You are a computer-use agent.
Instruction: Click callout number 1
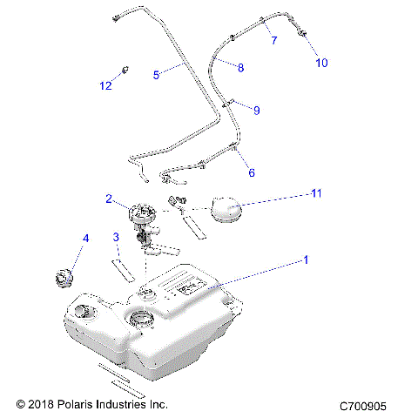pyautogui.click(x=305, y=260)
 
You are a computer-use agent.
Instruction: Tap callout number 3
pyautogui.click(x=115, y=237)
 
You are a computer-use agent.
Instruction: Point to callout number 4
pyautogui.click(x=85, y=238)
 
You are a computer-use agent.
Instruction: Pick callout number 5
pyautogui.click(x=156, y=75)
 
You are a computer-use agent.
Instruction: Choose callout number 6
pyautogui.click(x=252, y=172)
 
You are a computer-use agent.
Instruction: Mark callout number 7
pyautogui.click(x=273, y=41)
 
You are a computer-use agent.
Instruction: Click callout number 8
pyautogui.click(x=240, y=67)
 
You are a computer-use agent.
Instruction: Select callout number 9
pyautogui.click(x=256, y=110)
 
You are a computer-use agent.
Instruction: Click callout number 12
pyautogui.click(x=105, y=85)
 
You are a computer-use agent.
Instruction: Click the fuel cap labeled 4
pyautogui.click(x=64, y=279)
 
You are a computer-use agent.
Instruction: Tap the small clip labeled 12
pyautogui.click(x=125, y=70)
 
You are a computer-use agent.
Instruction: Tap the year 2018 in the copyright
pyautogui.click(x=40, y=405)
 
